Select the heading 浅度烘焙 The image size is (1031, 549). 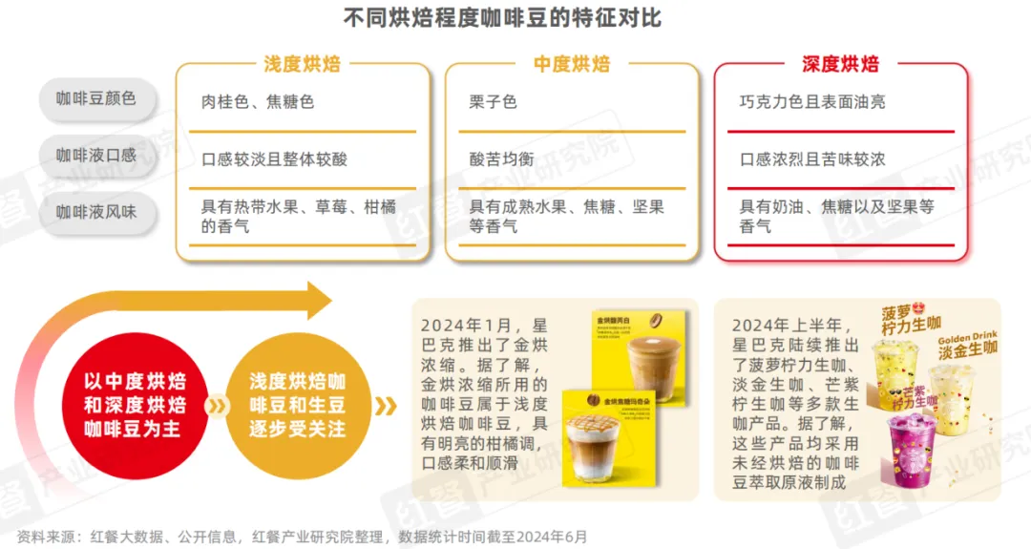pyautogui.click(x=302, y=64)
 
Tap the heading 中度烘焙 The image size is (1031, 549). pyautogui.click(x=572, y=64)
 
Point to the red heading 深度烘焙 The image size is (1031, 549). pyautogui.click(x=840, y=64)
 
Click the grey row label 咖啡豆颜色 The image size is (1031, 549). pyautogui.click(x=95, y=98)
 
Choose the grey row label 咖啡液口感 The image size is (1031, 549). pyautogui.click(x=95, y=155)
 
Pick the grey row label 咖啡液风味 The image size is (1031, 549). pyautogui.click(x=95, y=212)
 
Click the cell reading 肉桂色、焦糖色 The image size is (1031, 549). pyautogui.click(x=258, y=101)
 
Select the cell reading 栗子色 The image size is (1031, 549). pyautogui.click(x=494, y=101)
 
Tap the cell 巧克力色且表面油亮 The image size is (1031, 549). pyautogui.click(x=812, y=101)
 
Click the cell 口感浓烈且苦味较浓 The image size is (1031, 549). pyautogui.click(x=812, y=159)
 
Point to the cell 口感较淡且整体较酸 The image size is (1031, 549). pyautogui.click(x=274, y=159)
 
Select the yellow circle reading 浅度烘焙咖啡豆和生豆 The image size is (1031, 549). pyautogui.click(x=296, y=405)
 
